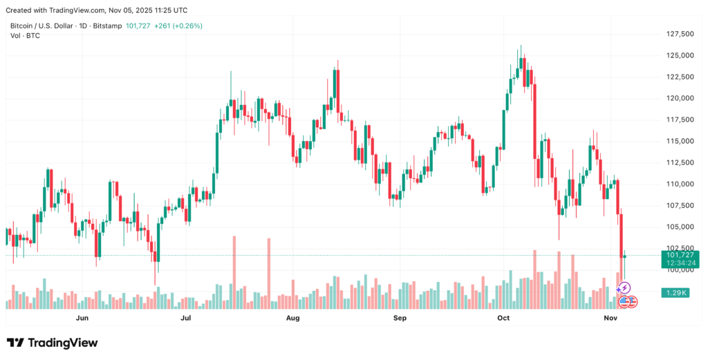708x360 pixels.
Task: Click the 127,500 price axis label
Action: tap(680, 34)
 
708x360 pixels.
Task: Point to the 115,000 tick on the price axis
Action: tap(680, 141)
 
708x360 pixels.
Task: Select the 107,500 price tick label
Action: tap(680, 205)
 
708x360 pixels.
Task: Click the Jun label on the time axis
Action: tap(82, 319)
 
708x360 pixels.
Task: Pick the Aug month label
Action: tap(292, 319)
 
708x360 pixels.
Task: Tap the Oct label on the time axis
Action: tap(503, 319)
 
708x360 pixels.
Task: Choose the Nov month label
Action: tap(610, 319)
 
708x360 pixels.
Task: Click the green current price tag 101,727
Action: tap(680, 255)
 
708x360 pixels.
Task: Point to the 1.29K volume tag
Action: tap(674, 293)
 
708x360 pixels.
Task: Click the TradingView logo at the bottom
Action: tap(53, 343)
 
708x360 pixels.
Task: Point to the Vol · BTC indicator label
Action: tap(24, 35)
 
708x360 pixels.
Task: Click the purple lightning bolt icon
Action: tap(625, 287)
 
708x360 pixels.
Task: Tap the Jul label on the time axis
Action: tap(186, 319)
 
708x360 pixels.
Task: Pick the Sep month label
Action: tap(400, 319)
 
